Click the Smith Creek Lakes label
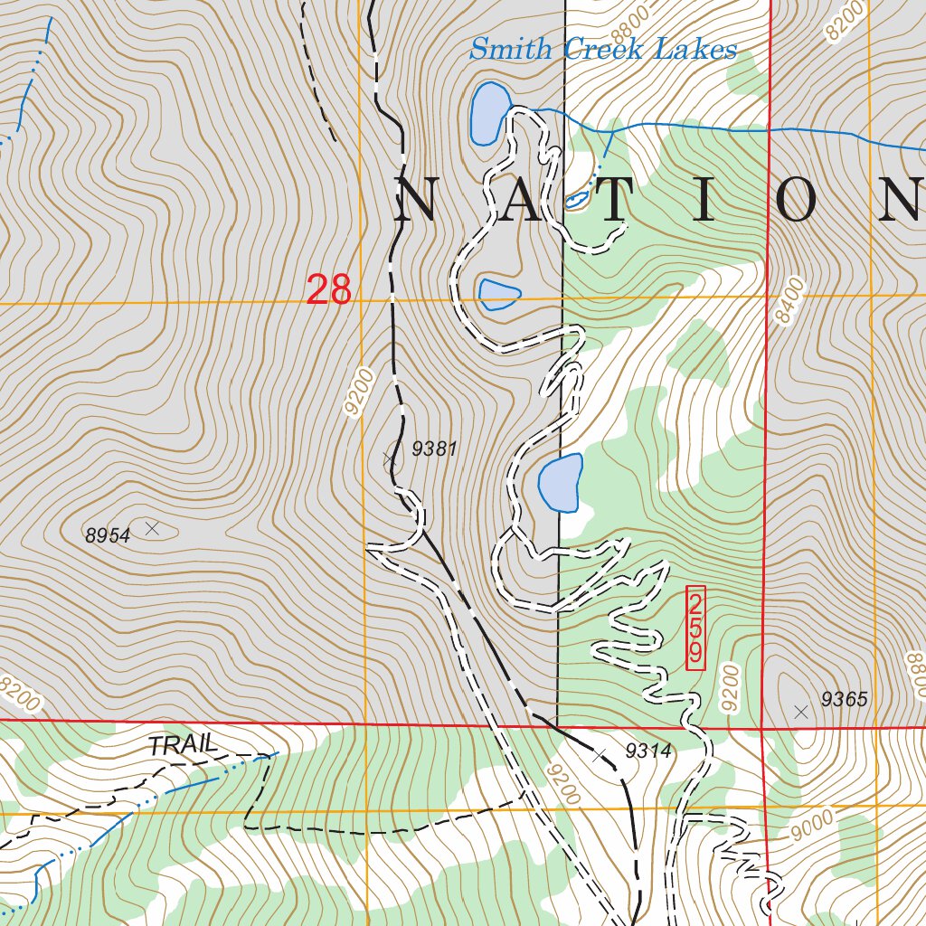click(602, 49)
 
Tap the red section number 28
click(328, 290)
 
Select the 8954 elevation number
click(108, 536)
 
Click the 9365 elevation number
click(844, 699)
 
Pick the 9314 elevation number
click(648, 750)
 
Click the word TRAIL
click(184, 746)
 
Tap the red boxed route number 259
click(695, 628)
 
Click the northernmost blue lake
click(487, 112)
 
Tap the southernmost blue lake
click(561, 483)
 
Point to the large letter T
click(611, 201)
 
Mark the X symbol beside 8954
click(152, 527)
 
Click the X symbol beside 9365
click(800, 712)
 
